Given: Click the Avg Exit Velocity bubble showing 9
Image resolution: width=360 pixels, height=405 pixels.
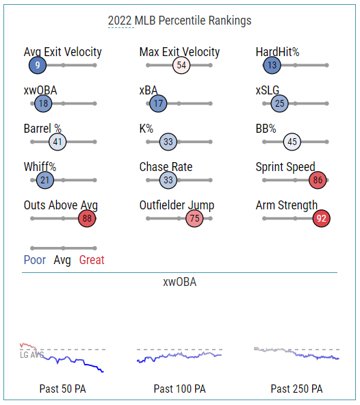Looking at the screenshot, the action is tap(38, 65).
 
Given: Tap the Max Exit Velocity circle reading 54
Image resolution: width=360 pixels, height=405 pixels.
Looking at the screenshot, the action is tap(181, 65).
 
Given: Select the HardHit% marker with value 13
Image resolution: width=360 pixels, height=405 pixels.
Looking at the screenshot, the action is tap(272, 65).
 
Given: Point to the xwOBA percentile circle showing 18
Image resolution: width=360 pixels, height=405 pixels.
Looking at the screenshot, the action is tap(43, 103).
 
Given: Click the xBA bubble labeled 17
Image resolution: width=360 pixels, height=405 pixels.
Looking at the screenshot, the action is tap(158, 103).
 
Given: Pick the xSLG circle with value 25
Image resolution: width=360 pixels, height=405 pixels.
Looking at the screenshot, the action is tap(280, 103).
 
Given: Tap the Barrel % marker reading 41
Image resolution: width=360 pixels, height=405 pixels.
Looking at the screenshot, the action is tap(57, 142).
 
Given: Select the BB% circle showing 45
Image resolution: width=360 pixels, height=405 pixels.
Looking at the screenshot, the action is tap(292, 142).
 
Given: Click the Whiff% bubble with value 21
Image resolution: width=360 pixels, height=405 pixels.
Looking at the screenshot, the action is tap(45, 180).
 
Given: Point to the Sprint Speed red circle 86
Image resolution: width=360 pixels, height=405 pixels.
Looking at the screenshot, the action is tap(318, 180).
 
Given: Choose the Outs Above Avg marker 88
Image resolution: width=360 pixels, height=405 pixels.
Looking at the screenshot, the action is tap(87, 218).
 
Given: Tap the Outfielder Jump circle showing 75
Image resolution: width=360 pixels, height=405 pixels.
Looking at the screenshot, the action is tap(194, 218).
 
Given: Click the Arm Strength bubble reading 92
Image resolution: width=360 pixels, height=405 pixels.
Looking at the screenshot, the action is tap(321, 218).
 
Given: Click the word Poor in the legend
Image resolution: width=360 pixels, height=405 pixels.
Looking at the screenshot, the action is tap(35, 260).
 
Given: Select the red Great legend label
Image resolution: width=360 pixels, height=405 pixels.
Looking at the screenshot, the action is tap(92, 260).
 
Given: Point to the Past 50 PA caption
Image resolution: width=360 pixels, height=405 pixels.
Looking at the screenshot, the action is tap(62, 389).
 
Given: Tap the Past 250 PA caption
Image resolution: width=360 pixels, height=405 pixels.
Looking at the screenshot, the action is tap(296, 389).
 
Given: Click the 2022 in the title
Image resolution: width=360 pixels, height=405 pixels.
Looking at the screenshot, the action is tap(120, 21).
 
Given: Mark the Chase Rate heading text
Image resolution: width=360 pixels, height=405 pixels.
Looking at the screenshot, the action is tap(166, 167).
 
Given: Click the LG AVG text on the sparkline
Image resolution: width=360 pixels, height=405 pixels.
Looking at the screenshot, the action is tap(32, 355).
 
